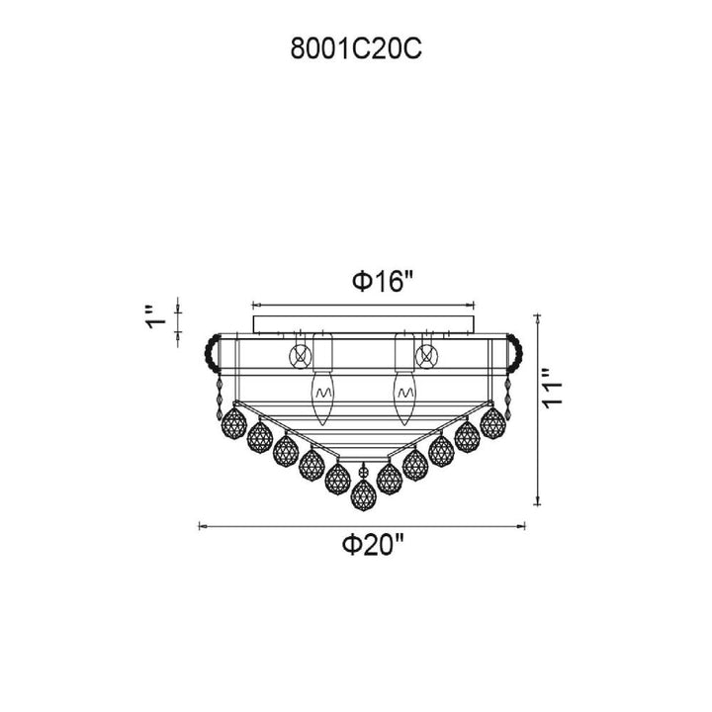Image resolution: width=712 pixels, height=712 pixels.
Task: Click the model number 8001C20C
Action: tap(356, 48)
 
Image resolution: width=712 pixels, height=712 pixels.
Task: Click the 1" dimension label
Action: tap(155, 318)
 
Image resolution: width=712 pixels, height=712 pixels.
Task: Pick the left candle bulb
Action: tap(322, 399)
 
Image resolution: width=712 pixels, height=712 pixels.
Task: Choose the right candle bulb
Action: tap(404, 399)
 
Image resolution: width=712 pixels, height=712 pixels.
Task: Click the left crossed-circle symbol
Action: tap(301, 355)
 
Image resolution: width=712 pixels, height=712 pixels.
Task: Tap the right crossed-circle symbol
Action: tap(426, 355)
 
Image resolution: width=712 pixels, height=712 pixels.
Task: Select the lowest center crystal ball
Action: tap(362, 494)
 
